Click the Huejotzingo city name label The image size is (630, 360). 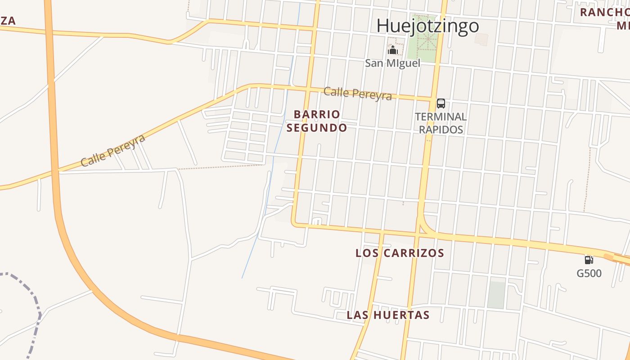[427, 26]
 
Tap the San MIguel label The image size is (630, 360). [392, 63]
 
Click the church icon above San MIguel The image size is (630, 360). [393, 49]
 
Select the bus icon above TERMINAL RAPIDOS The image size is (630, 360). [441, 103]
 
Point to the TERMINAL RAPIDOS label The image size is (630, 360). [441, 123]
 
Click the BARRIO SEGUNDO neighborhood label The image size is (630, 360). [317, 121]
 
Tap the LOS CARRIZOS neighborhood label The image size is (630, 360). [400, 253]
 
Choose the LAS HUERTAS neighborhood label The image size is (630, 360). [388, 315]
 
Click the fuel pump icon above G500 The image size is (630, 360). [589, 260]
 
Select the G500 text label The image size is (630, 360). [589, 273]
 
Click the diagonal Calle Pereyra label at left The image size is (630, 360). [113, 150]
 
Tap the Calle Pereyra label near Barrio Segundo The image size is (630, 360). [358, 93]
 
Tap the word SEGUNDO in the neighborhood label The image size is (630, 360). [317, 128]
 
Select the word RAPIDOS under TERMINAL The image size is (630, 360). [441, 130]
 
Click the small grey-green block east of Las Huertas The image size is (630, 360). [496, 295]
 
